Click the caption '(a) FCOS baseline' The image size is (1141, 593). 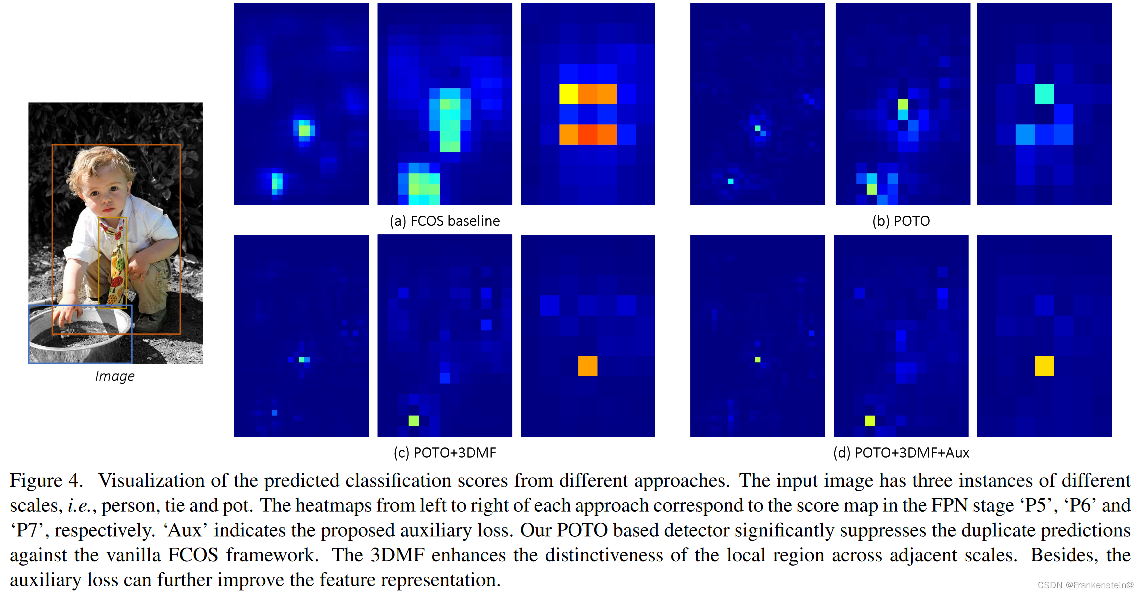(444, 221)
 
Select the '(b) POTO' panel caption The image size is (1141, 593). (901, 221)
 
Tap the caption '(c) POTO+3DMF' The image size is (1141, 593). (444, 452)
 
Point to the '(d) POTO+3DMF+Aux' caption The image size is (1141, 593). (901, 452)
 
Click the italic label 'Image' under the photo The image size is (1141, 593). (115, 376)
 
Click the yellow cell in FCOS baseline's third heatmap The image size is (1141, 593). (569, 94)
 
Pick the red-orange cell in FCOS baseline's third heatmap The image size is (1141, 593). (588, 134)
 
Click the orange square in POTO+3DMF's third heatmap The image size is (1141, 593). (588, 366)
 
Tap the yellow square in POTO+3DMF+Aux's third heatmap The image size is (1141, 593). (1044, 366)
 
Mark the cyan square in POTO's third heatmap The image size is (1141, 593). (1044, 94)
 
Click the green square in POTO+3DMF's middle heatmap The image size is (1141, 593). (414, 421)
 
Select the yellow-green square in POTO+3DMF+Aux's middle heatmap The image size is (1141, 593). (870, 421)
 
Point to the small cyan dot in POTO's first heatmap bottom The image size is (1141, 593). (731, 181)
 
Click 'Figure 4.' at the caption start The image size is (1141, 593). (46, 480)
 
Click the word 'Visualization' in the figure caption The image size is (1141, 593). (150, 480)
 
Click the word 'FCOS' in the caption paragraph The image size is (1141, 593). (193, 555)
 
